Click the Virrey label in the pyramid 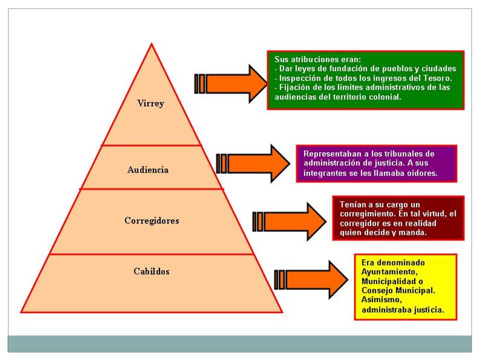click(150, 103)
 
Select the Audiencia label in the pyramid click(148, 169)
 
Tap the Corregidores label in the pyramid click(152, 220)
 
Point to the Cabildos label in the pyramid click(151, 271)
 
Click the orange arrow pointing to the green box click(231, 83)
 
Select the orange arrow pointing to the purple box click(253, 163)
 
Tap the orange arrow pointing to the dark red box click(289, 221)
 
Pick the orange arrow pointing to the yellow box click(311, 279)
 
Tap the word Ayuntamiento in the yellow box click(389, 272)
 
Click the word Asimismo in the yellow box click(381, 299)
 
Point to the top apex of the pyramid click(151, 44)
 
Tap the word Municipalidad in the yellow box click(388, 281)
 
